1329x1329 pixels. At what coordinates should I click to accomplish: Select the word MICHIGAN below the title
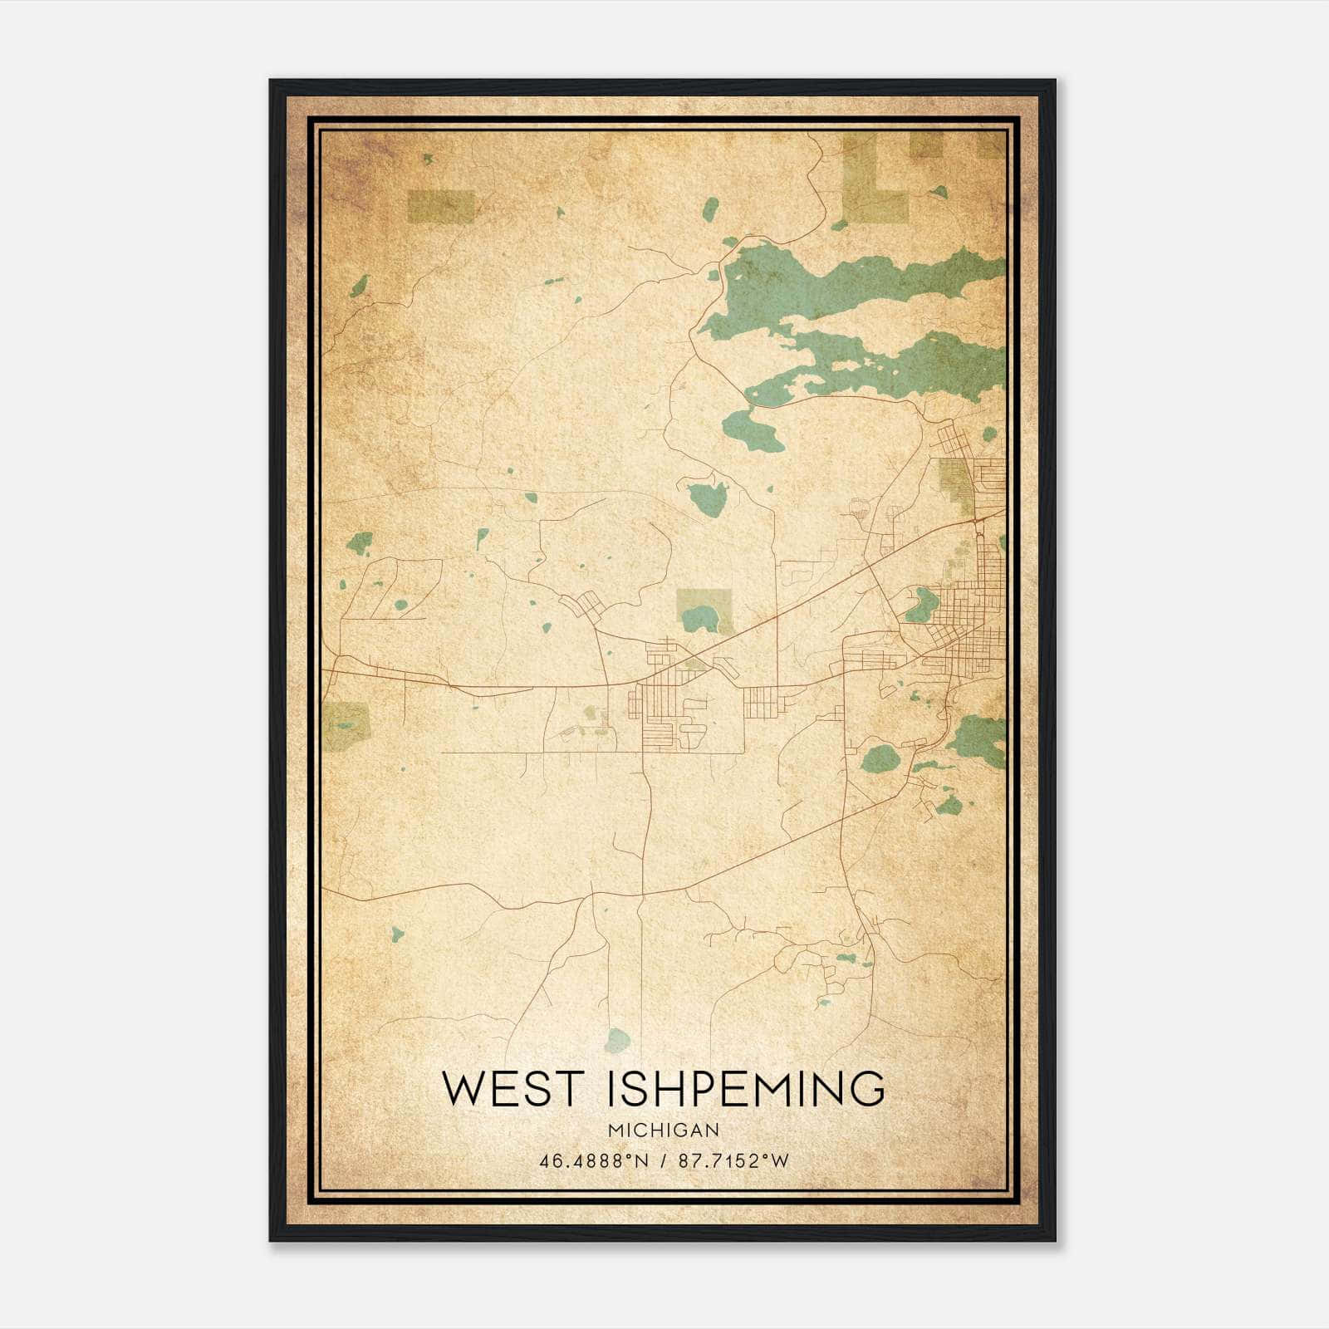click(x=663, y=1130)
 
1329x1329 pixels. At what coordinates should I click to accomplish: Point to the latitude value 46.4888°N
click(x=591, y=1161)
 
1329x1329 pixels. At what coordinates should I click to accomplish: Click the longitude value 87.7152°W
click(x=733, y=1161)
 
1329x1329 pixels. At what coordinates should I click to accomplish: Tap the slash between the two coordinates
click(x=663, y=1161)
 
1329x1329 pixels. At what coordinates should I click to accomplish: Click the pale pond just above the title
click(x=617, y=1039)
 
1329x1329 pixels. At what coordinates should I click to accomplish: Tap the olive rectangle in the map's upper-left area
click(x=441, y=208)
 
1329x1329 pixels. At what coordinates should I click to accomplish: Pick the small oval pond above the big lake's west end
click(x=710, y=208)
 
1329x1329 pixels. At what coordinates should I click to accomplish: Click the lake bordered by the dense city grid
click(x=919, y=606)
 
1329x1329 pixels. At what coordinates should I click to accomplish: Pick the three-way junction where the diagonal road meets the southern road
click(x=687, y=889)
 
